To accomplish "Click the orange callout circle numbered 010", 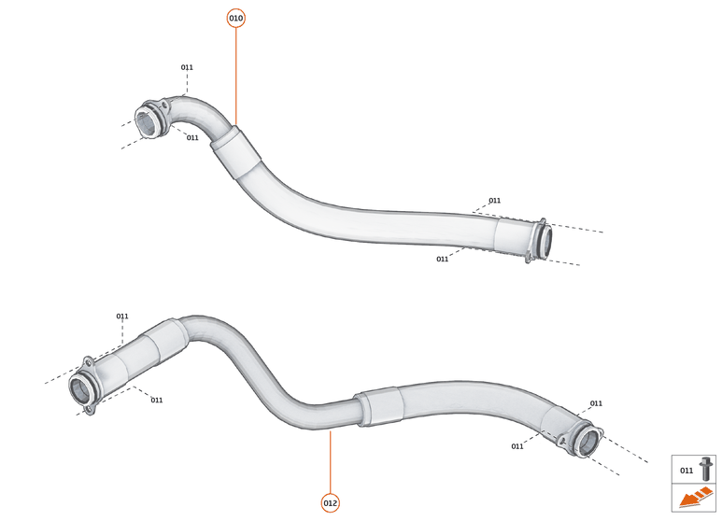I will [235, 19].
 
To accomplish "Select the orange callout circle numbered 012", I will [331, 502].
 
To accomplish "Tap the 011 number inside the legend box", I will [687, 471].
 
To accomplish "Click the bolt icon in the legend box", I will [706, 469].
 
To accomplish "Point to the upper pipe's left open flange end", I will [147, 121].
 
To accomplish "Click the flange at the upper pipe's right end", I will [540, 240].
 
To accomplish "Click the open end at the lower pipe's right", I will [587, 441].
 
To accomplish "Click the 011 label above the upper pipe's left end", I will [187, 67].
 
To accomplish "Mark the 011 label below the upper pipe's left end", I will [192, 138].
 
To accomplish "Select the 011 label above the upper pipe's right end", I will [494, 201].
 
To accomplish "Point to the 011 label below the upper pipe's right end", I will [442, 260].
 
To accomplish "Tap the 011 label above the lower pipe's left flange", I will [122, 317].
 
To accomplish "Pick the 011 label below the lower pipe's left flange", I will [157, 401].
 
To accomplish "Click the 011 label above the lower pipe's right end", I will [596, 404].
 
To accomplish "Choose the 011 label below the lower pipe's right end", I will [517, 447].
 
